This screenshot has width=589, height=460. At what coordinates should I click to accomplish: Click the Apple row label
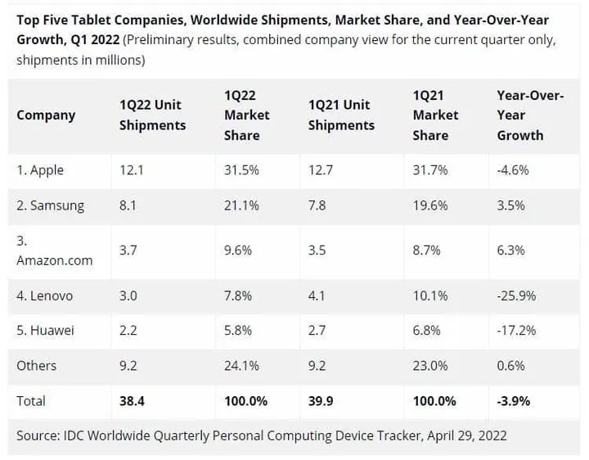click(x=40, y=170)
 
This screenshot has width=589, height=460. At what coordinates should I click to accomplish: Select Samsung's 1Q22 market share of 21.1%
click(x=241, y=205)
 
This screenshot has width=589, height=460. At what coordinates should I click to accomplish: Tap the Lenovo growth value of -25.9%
click(x=517, y=295)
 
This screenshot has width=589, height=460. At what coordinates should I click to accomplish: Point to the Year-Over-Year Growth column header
click(x=530, y=115)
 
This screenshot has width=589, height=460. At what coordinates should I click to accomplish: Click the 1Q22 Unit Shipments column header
click(x=152, y=115)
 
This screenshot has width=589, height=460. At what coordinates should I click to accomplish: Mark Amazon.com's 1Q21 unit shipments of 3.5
click(x=317, y=250)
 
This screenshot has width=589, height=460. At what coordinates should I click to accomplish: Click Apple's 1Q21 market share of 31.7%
click(x=430, y=170)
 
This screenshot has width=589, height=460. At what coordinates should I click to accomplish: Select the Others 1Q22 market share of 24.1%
click(x=241, y=366)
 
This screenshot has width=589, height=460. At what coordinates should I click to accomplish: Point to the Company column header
click(x=46, y=115)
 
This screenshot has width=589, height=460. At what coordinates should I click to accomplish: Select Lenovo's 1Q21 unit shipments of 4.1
click(x=317, y=295)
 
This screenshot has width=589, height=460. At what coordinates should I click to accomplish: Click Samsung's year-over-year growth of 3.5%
click(x=511, y=205)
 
